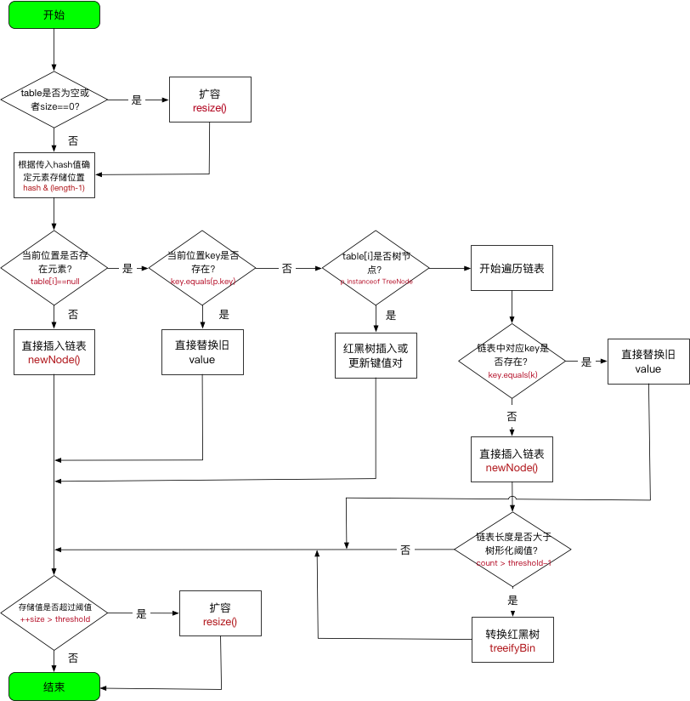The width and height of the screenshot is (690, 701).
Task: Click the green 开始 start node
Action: coord(54,14)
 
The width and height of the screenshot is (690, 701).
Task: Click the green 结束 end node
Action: coord(54,686)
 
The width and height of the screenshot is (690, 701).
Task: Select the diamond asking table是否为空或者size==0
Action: coord(54,100)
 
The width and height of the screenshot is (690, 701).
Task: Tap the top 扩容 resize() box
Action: coord(210,100)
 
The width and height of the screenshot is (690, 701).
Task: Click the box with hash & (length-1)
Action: coord(54,175)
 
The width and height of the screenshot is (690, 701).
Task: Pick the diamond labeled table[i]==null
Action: coord(54,268)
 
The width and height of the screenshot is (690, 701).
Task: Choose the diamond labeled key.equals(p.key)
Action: coord(202,268)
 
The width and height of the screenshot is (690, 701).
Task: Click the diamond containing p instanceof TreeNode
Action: coord(376,268)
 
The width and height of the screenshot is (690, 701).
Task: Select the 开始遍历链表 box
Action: coord(512,268)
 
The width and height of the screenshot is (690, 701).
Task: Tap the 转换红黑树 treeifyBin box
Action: coord(512,641)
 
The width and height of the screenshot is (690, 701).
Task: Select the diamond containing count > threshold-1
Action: coord(512,550)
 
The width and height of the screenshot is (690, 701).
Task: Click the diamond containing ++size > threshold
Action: coord(54,613)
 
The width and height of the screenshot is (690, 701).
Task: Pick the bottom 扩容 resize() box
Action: coord(220,613)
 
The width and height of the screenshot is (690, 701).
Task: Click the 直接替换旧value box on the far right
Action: coord(648,362)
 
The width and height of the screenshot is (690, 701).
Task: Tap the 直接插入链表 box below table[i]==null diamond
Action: coord(54,352)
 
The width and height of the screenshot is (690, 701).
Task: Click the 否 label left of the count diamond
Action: coord(405,550)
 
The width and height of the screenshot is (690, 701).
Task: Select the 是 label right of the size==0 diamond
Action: coord(136,100)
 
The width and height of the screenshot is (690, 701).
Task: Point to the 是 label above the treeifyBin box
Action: coord(512,600)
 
